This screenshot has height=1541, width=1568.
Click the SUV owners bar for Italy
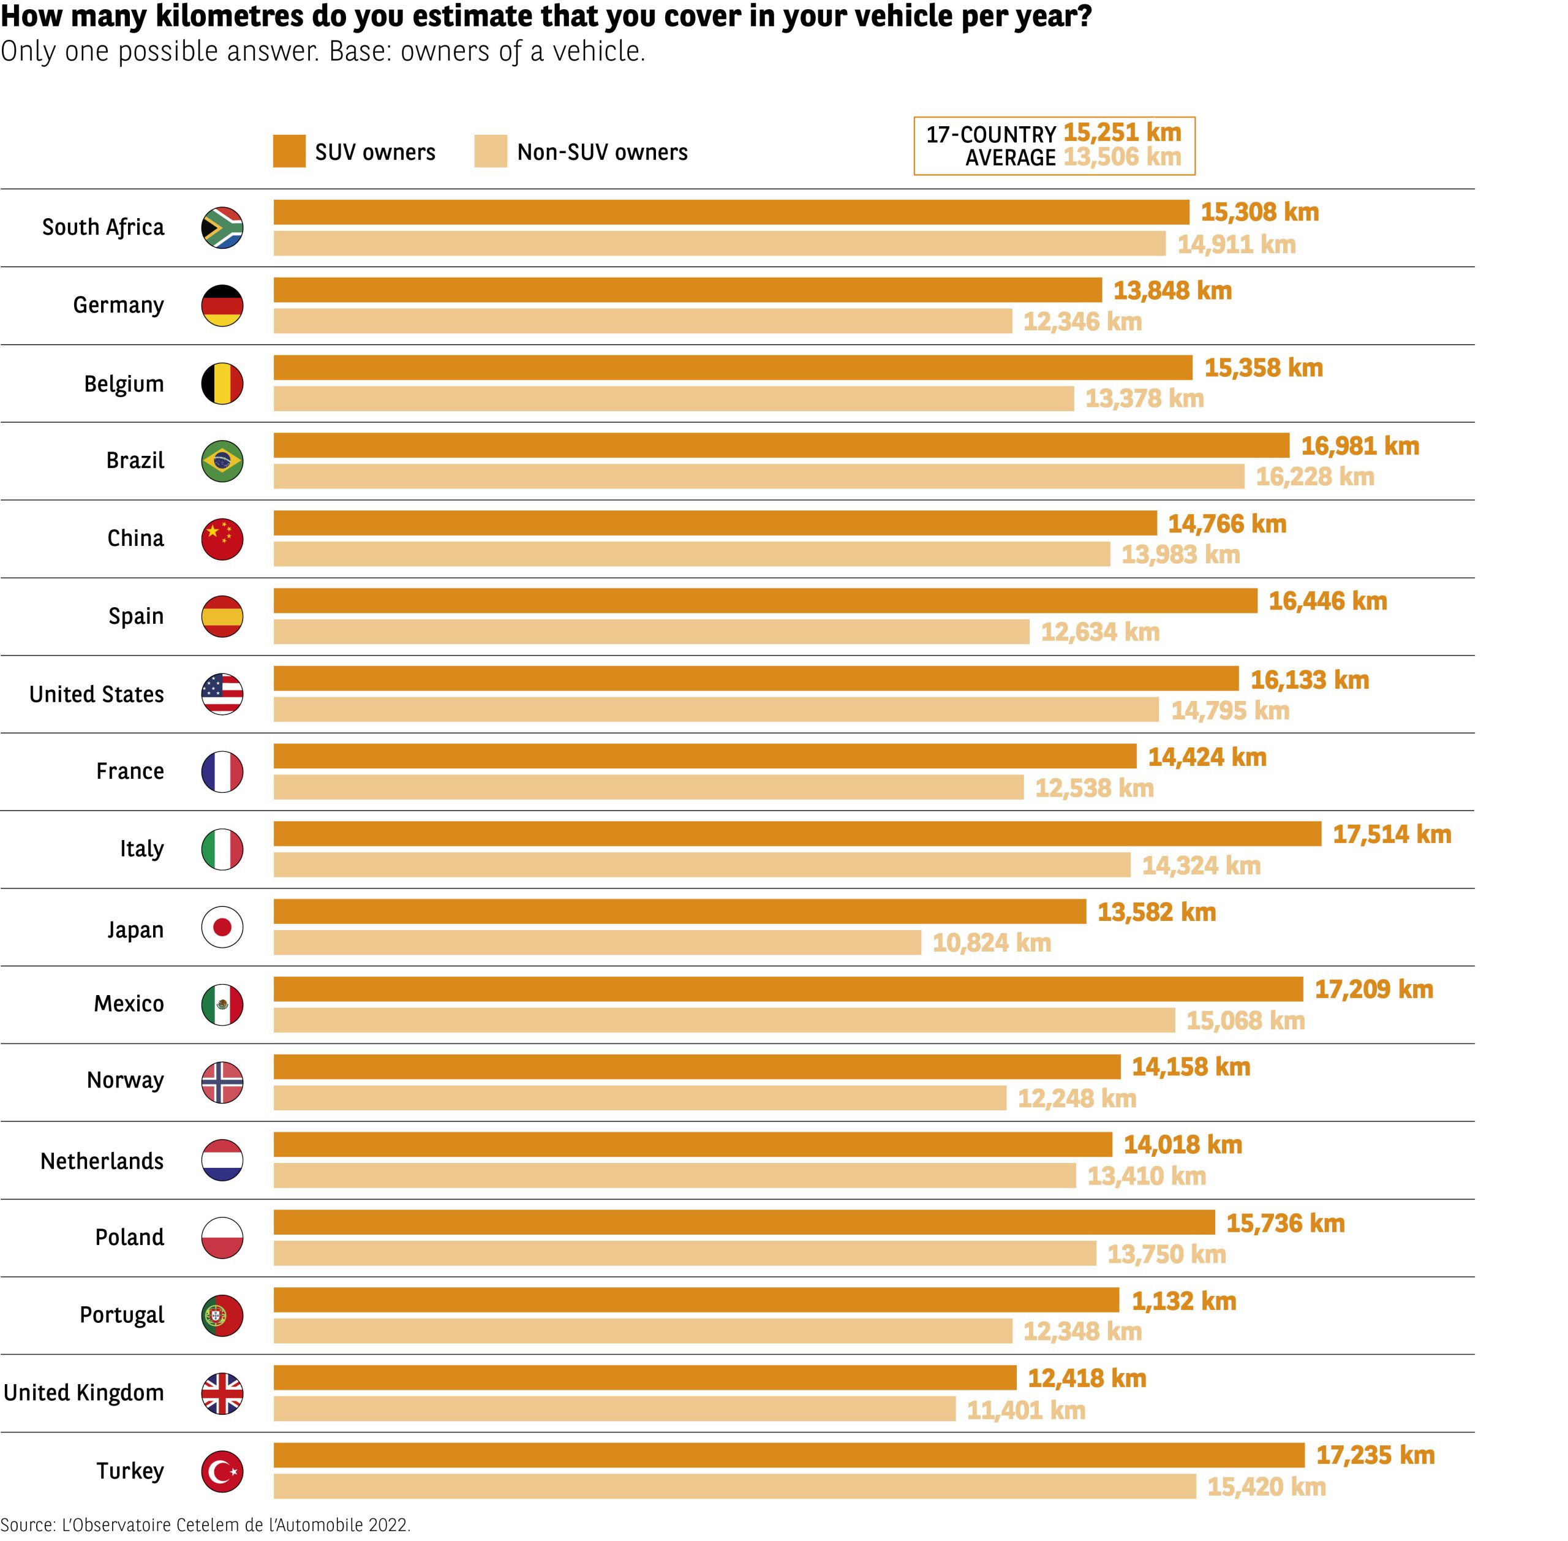[x=797, y=834]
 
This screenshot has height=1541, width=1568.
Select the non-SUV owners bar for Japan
[x=597, y=942]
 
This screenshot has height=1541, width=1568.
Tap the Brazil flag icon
[x=222, y=461]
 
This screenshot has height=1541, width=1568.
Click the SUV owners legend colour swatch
[x=289, y=151]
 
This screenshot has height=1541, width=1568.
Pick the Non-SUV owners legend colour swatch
[x=490, y=151]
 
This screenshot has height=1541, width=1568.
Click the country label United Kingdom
[x=84, y=1393]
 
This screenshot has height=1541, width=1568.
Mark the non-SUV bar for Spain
[x=651, y=631]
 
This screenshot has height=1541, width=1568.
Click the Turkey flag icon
[x=222, y=1471]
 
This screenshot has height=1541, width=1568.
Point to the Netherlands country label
[x=102, y=1160]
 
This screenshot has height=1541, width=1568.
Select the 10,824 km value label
[x=991, y=943]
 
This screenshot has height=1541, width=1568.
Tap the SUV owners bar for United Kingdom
[x=645, y=1377]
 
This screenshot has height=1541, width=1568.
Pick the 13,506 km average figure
[x=1121, y=157]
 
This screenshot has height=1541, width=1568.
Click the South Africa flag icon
[x=222, y=227]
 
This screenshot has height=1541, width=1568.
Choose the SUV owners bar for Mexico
[x=788, y=989]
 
